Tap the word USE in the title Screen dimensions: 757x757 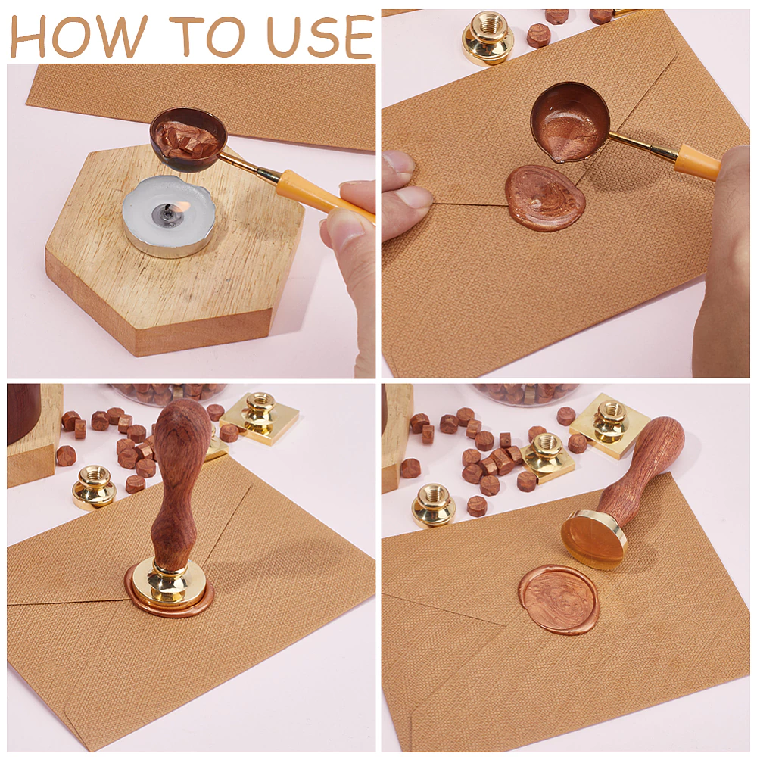(320, 37)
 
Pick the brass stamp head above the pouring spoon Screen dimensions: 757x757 (487, 37)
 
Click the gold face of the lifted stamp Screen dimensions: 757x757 (591, 539)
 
